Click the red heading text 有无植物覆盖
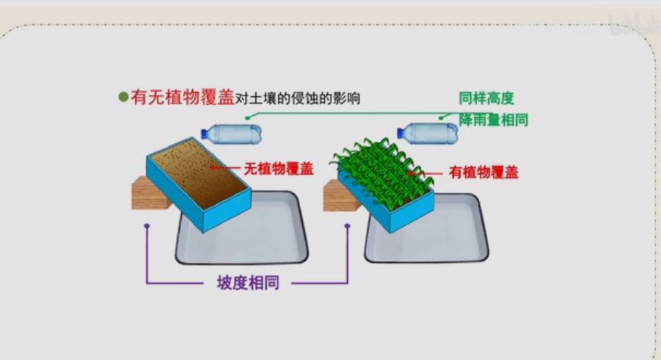[182, 98]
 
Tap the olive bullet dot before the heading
[123, 98]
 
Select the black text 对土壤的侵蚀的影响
[297, 98]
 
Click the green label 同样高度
[486, 98]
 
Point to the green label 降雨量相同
[493, 120]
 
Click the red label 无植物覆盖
[278, 169]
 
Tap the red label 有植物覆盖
[483, 172]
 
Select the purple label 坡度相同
[248, 283]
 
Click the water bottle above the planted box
[431, 134]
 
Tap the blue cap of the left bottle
[204, 134]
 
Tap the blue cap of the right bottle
[401, 134]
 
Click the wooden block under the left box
[147, 194]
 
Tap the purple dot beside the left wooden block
[147, 225]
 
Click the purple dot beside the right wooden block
[348, 225]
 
